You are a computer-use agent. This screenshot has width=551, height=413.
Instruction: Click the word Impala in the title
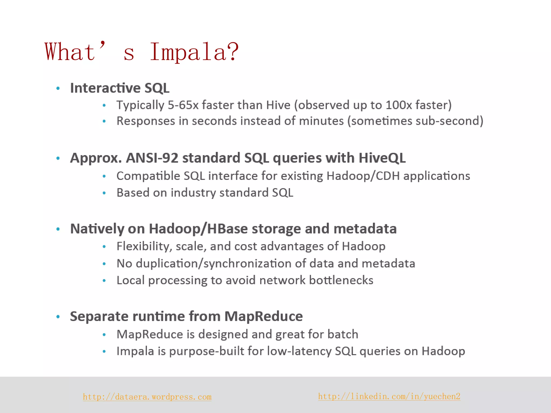pos(194,52)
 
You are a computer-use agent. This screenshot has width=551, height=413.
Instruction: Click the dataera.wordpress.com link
pos(147,397)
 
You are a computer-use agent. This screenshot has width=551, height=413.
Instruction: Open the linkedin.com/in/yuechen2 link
pos(389,396)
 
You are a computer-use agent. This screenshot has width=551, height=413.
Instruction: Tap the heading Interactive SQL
pos(120,88)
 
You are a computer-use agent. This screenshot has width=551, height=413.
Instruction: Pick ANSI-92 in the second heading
pos(152,158)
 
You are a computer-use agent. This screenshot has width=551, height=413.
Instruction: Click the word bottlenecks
pos(341,280)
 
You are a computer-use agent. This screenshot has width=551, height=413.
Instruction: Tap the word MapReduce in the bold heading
pos(263,316)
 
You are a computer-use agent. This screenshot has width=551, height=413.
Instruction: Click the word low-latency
pos(299,351)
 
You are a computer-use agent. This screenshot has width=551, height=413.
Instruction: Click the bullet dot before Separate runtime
pos(58,317)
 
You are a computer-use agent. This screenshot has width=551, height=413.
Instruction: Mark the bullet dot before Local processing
pos(104,281)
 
